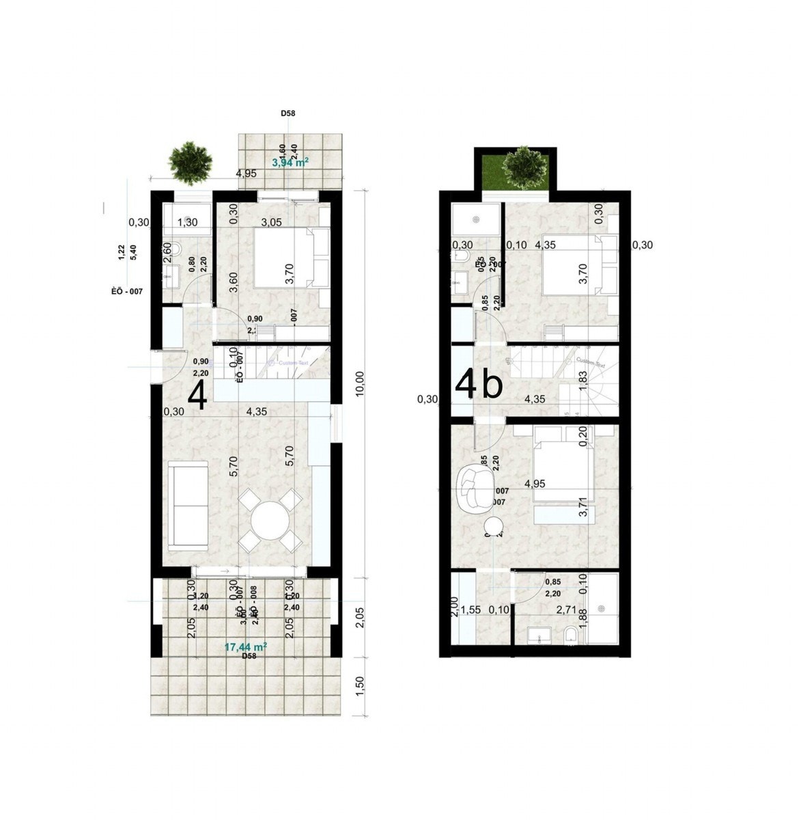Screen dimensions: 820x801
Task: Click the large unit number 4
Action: tap(198, 396)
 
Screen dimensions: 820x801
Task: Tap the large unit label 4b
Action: tap(479, 384)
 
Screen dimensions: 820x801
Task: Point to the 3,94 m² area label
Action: tap(290, 163)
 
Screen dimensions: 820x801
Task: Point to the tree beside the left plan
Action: tap(190, 162)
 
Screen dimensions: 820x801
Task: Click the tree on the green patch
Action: tap(524, 165)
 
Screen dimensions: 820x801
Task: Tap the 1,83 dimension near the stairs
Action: tap(583, 380)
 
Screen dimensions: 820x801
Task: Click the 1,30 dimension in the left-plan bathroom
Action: tap(187, 221)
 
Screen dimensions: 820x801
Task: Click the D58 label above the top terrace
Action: tap(287, 114)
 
